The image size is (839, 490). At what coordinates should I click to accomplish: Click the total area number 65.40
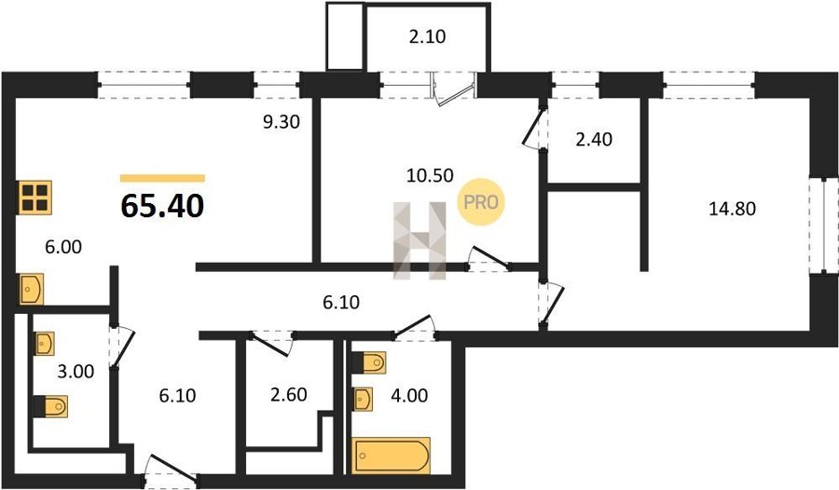click(x=162, y=206)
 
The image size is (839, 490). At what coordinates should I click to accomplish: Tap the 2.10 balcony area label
click(x=428, y=36)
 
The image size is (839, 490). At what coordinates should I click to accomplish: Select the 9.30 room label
click(x=281, y=122)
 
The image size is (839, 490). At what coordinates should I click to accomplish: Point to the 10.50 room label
click(x=430, y=175)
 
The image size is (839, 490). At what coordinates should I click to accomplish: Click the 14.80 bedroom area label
click(x=732, y=208)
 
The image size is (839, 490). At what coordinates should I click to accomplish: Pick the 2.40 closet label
click(x=594, y=139)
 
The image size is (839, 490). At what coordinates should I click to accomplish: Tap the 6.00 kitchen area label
click(x=63, y=247)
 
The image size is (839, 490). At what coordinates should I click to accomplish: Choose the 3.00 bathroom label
click(x=76, y=371)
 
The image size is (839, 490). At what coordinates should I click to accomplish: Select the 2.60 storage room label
click(x=288, y=394)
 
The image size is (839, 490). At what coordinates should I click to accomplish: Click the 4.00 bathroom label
click(x=409, y=395)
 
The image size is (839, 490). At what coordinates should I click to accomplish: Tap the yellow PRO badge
click(x=480, y=201)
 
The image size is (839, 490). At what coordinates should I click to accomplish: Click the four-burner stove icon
click(x=35, y=197)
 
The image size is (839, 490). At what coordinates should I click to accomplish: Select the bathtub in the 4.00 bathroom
click(x=392, y=456)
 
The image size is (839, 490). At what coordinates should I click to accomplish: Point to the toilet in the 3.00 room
click(x=51, y=406)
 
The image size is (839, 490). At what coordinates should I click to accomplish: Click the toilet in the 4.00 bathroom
click(x=368, y=362)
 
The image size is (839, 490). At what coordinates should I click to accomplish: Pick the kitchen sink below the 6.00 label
click(x=31, y=290)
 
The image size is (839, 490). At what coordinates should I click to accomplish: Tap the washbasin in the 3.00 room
click(x=45, y=344)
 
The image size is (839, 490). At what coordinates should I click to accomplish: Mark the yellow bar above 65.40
click(x=162, y=178)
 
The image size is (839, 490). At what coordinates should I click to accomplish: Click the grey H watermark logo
click(x=419, y=240)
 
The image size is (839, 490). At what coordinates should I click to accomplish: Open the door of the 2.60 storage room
click(x=271, y=345)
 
